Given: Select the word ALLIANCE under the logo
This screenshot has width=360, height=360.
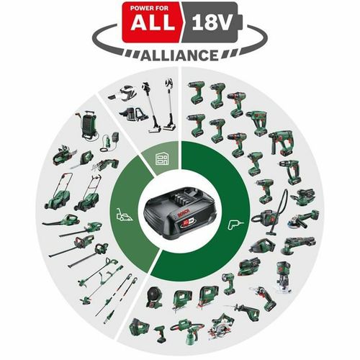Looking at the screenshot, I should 180,55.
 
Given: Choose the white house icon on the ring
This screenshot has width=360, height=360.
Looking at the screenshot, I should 163,160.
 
